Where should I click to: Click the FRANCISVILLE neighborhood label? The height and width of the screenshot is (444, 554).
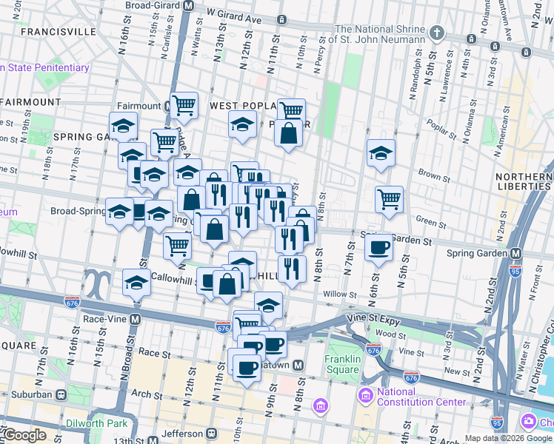tap(59, 32)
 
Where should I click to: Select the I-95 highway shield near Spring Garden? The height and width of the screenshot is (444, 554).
tap(515, 272)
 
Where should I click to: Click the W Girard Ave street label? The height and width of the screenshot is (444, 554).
tap(236, 13)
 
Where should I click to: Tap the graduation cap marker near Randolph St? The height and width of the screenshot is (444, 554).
tap(381, 153)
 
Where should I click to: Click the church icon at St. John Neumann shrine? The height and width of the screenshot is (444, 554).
tap(438, 33)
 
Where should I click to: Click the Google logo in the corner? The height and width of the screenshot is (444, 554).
tap(24, 435)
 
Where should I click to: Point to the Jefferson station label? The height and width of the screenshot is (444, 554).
tap(183, 434)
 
